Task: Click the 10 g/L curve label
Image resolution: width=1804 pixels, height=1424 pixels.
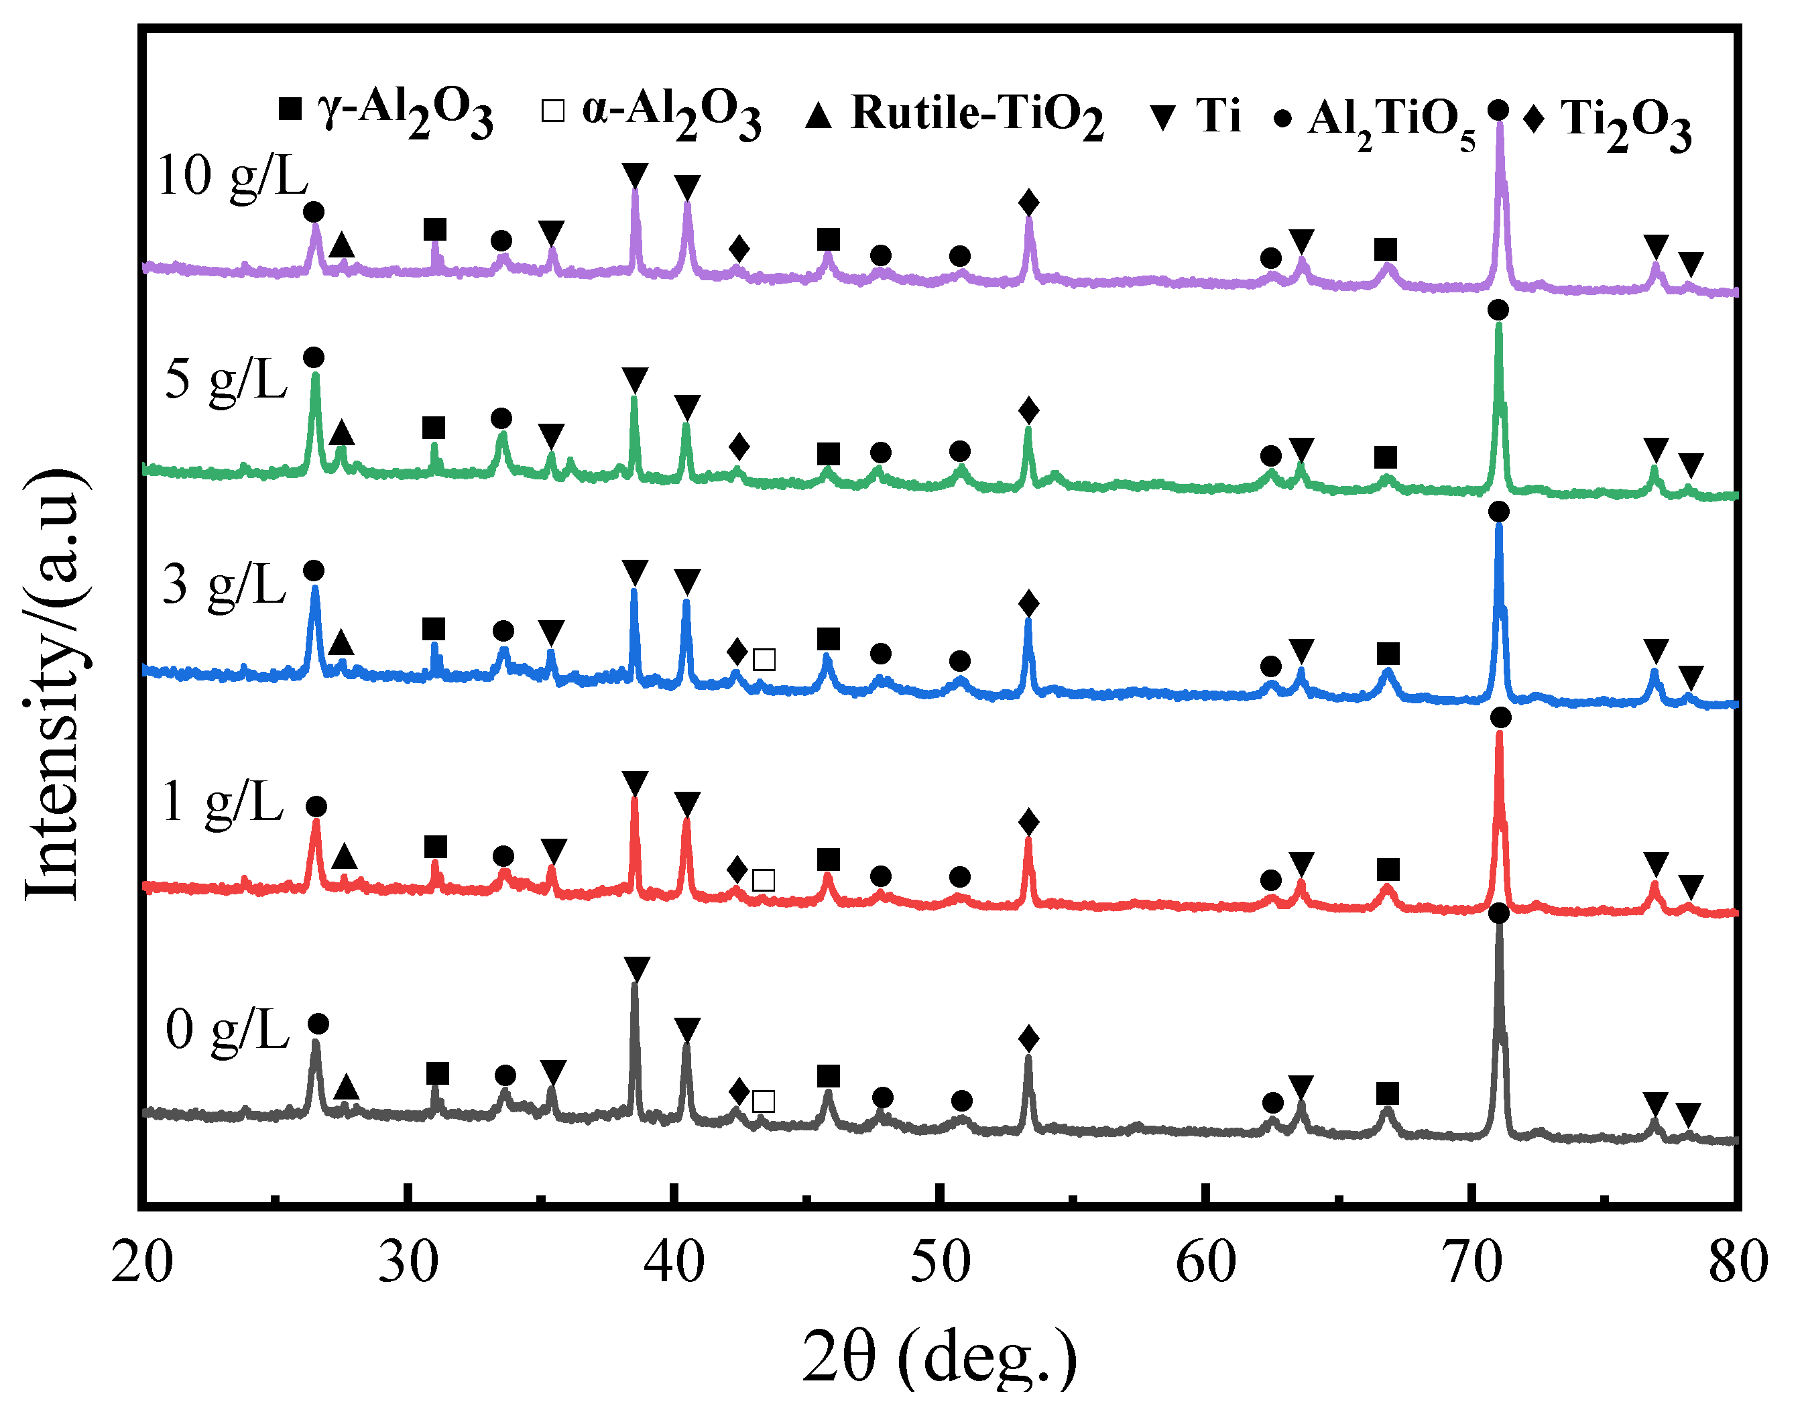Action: pos(233,178)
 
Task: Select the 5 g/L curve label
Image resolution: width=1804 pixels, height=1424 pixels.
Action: pos(226,380)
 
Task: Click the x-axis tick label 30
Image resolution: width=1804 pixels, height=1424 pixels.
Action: pos(408,1263)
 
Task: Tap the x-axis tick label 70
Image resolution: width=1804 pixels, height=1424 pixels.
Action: pos(1472,1263)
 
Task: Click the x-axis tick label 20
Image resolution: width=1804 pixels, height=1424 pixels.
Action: pos(141,1263)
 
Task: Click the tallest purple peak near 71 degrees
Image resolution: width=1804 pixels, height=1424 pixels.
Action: pos(1500,125)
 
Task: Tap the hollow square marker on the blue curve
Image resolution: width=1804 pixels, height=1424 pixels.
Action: pos(764,660)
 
